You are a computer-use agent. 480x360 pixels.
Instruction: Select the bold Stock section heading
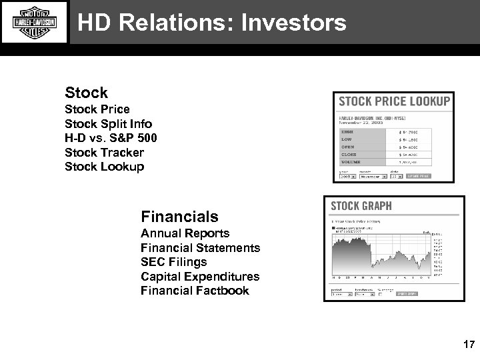tap(86, 93)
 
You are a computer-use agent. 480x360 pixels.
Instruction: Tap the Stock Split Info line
tap(108, 124)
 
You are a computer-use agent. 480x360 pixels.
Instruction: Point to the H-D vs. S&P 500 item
tap(111, 138)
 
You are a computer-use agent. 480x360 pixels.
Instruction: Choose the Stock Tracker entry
tap(104, 153)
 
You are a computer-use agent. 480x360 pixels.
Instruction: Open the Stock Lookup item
tap(104, 167)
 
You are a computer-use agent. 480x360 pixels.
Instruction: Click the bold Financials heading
tap(179, 217)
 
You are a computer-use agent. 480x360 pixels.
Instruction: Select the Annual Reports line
tap(185, 233)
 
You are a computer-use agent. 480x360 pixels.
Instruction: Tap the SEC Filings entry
tap(173, 262)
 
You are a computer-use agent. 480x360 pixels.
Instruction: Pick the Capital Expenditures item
tap(200, 276)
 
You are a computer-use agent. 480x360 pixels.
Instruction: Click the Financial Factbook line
tap(195, 291)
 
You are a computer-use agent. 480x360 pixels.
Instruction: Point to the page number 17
tap(468, 345)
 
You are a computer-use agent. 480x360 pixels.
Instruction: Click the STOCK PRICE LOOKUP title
tap(394, 102)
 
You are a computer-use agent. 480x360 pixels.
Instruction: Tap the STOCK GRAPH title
tap(361, 206)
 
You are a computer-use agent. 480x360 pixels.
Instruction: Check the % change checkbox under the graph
tap(381, 293)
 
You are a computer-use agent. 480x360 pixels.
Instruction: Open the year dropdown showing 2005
tap(346, 177)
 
